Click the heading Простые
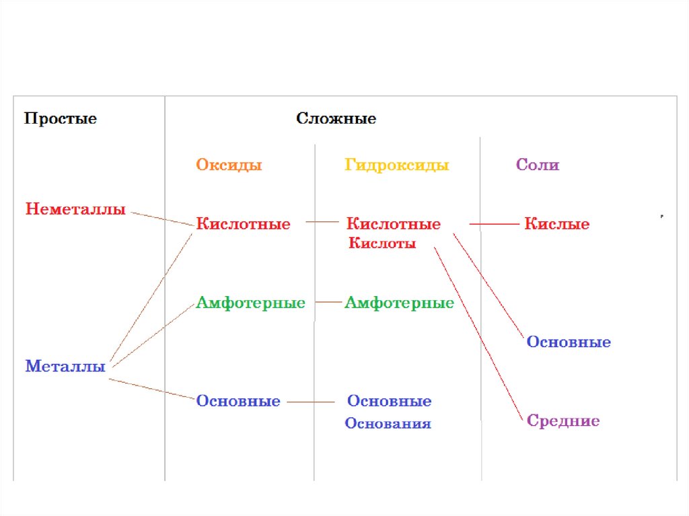(x=61, y=119)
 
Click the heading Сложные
(x=336, y=119)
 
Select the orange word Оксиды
(x=229, y=165)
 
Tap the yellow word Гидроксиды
(x=397, y=165)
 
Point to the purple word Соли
(x=538, y=165)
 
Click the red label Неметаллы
(x=75, y=209)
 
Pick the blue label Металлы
(x=65, y=367)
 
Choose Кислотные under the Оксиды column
(x=243, y=224)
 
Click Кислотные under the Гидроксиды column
(x=393, y=224)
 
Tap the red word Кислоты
(x=382, y=244)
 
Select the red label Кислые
(x=556, y=224)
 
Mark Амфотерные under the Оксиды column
(x=250, y=303)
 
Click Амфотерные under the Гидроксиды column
(x=399, y=303)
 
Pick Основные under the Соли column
(x=569, y=342)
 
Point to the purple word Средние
(x=563, y=421)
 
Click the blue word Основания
(x=388, y=424)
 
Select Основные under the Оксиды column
(x=238, y=402)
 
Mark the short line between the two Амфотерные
(x=328, y=303)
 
